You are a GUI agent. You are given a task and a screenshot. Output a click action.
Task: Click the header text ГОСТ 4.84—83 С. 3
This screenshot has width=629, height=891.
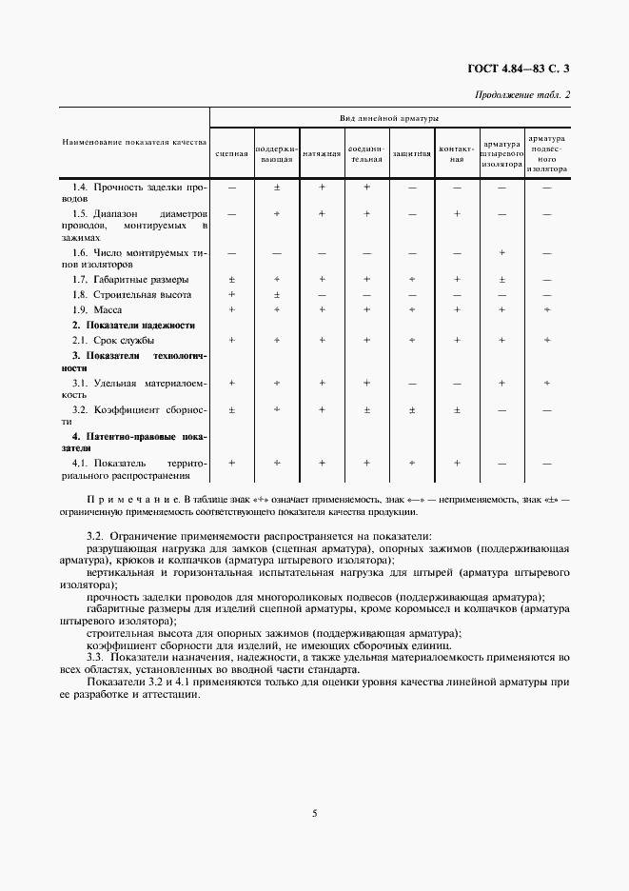[x=524, y=68]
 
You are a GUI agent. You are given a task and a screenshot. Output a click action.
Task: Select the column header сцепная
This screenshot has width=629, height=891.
[x=231, y=153]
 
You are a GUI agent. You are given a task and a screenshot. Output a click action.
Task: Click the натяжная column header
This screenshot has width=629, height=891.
[x=322, y=153]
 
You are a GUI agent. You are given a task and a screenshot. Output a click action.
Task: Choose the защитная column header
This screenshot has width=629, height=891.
[x=412, y=153]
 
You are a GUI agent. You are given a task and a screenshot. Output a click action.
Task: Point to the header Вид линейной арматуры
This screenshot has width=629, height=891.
[x=389, y=118]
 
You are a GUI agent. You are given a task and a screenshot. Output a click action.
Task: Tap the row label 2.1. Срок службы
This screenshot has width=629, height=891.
[x=113, y=340]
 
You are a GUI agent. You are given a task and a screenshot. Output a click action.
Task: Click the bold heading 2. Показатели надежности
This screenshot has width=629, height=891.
[x=134, y=326]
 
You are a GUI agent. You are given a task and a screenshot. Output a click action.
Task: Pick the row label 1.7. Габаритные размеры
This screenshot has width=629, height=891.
[x=130, y=280]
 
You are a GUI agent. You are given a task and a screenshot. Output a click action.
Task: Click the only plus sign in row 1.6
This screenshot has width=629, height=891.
[x=501, y=252]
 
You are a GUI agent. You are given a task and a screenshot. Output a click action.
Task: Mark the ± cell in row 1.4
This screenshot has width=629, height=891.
[x=276, y=188]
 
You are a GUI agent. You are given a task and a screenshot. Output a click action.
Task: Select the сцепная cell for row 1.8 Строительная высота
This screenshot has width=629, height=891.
[x=231, y=295]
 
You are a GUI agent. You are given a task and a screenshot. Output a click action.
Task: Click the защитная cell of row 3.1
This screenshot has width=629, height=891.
[x=412, y=383]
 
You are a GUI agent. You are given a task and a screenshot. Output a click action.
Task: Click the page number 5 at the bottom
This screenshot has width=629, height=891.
[x=314, y=812]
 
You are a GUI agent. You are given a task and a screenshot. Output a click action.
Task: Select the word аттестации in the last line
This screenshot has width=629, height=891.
[x=169, y=694]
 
